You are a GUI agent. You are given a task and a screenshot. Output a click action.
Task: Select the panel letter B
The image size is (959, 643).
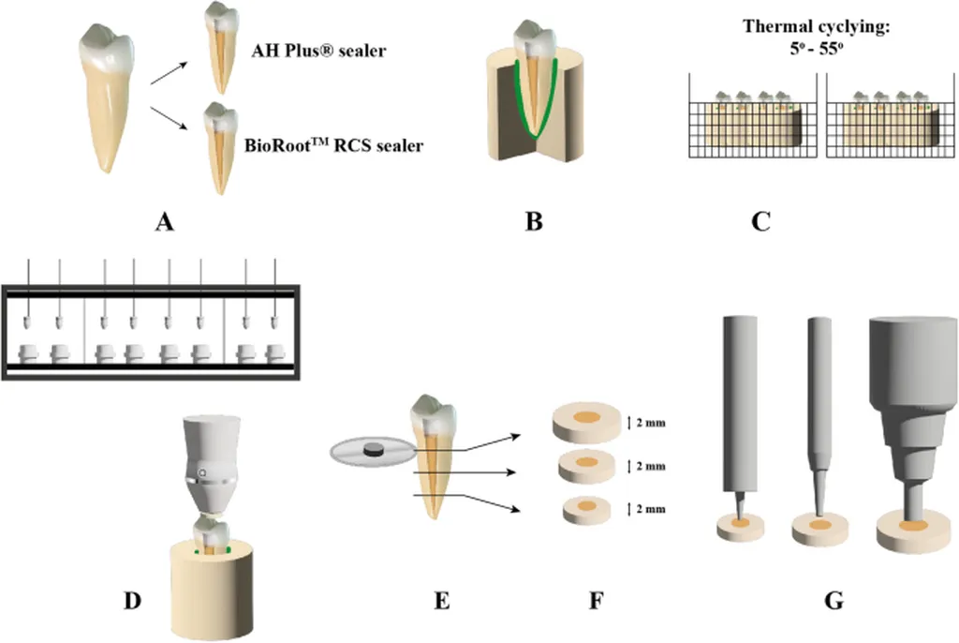click(534, 223)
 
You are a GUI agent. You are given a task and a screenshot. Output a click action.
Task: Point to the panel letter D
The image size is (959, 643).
click(134, 599)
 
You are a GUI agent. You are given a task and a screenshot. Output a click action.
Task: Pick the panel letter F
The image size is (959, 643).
click(596, 599)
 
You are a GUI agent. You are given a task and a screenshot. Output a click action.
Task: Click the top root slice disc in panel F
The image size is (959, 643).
click(586, 419)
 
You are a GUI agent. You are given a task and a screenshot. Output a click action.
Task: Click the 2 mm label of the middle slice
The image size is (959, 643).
click(653, 466)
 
